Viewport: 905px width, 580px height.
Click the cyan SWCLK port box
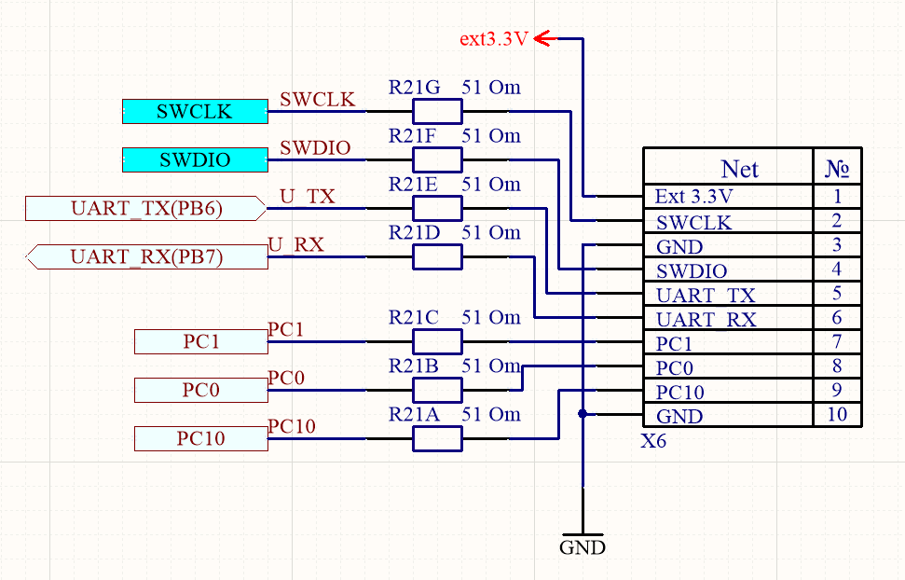click(195, 112)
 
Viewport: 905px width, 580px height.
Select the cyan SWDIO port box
click(195, 160)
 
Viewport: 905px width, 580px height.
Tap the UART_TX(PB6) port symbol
click(146, 208)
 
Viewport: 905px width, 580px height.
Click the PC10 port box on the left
click(201, 438)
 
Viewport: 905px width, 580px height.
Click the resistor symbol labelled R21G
click(437, 112)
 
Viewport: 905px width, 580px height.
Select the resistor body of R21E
click(437, 208)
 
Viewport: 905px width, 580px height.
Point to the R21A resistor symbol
click(437, 438)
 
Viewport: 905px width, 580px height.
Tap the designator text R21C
click(414, 318)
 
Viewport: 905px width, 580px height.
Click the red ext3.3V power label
click(494, 39)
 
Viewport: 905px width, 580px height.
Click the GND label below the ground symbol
click(583, 547)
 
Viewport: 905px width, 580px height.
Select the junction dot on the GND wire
click(583, 414)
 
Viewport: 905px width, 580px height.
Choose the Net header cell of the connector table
click(740, 169)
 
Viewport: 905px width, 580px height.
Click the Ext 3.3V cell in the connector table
click(727, 197)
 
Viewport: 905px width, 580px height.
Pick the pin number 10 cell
click(837, 414)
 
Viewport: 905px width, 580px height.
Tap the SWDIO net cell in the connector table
click(727, 270)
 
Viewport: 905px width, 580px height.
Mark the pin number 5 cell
click(837, 294)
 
